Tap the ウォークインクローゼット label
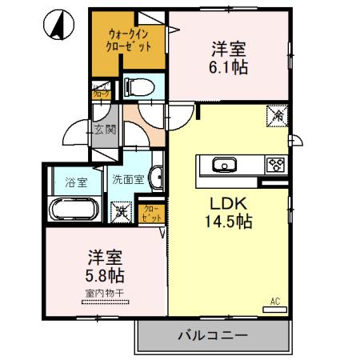[130, 39]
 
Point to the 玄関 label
[104, 129]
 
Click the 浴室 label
[72, 181]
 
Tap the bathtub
[74, 211]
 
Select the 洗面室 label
[128, 179]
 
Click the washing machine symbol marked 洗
[121, 212]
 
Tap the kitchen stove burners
[276, 166]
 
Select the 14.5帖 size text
[230, 222]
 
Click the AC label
[274, 302]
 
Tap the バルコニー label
[212, 336]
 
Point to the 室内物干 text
[104, 293]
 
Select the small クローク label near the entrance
[102, 93]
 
